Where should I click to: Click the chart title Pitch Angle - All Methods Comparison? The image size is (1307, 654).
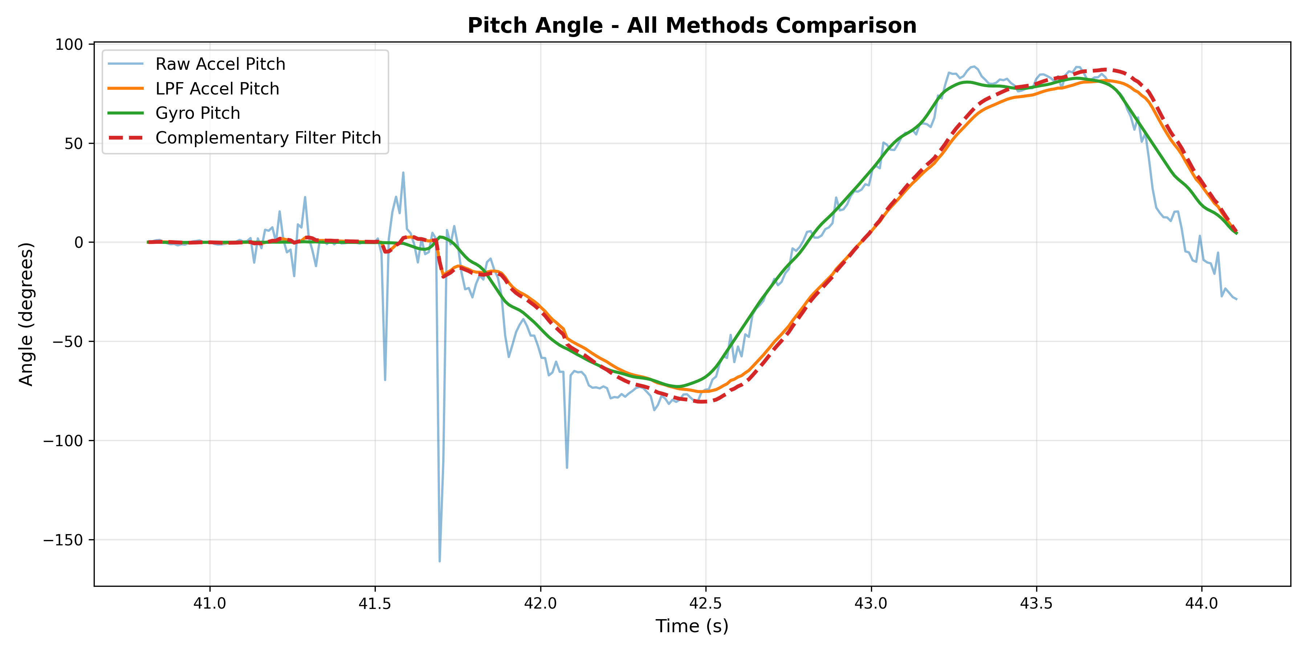[x=692, y=26]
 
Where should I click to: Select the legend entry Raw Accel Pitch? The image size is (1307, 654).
[x=220, y=64]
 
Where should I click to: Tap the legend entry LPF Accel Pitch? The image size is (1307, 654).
[x=217, y=89]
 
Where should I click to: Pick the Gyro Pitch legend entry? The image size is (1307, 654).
[x=198, y=113]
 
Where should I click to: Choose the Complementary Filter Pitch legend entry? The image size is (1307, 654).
[x=268, y=138]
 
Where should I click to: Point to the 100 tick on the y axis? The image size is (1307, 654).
[x=69, y=44]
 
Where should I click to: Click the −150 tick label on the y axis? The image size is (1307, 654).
[x=63, y=540]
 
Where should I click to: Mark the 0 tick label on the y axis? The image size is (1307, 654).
[x=79, y=243]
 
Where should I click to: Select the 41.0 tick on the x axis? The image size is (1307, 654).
[x=209, y=603]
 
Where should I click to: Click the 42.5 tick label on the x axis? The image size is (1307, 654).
[x=706, y=603]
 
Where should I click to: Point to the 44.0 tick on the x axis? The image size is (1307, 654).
[x=1201, y=603]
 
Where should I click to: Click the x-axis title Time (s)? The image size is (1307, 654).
[x=692, y=626]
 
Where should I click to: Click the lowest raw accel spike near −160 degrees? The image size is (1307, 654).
[x=439, y=561]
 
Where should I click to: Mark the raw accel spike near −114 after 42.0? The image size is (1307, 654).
[x=567, y=468]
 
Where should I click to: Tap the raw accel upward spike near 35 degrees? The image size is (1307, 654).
[x=403, y=173]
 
